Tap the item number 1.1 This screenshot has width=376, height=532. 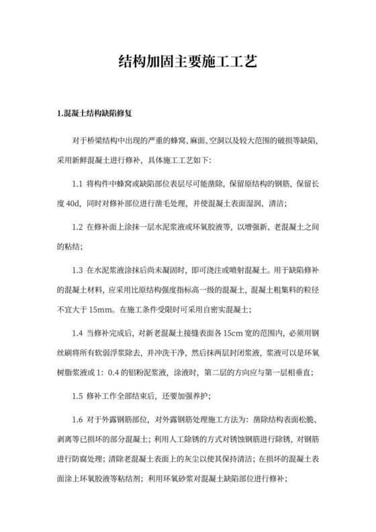[76, 183]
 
